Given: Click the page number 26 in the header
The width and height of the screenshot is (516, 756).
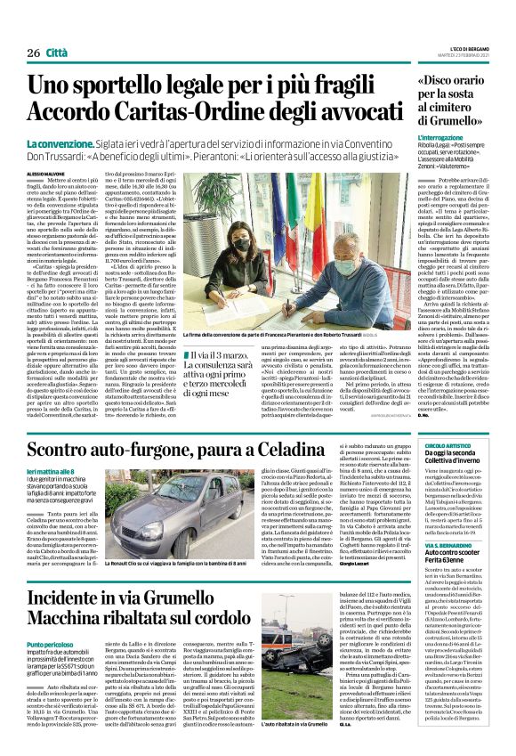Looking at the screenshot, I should point(36,54).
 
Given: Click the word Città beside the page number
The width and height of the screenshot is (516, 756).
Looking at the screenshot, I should point(64,54).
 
